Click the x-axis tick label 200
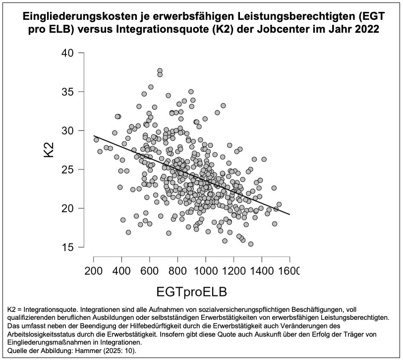tap(94, 271)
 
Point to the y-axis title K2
tap(49, 150)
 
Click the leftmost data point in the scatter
tap(96, 140)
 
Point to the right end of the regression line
tap(289, 214)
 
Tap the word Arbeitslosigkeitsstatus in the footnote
tap(47, 334)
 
